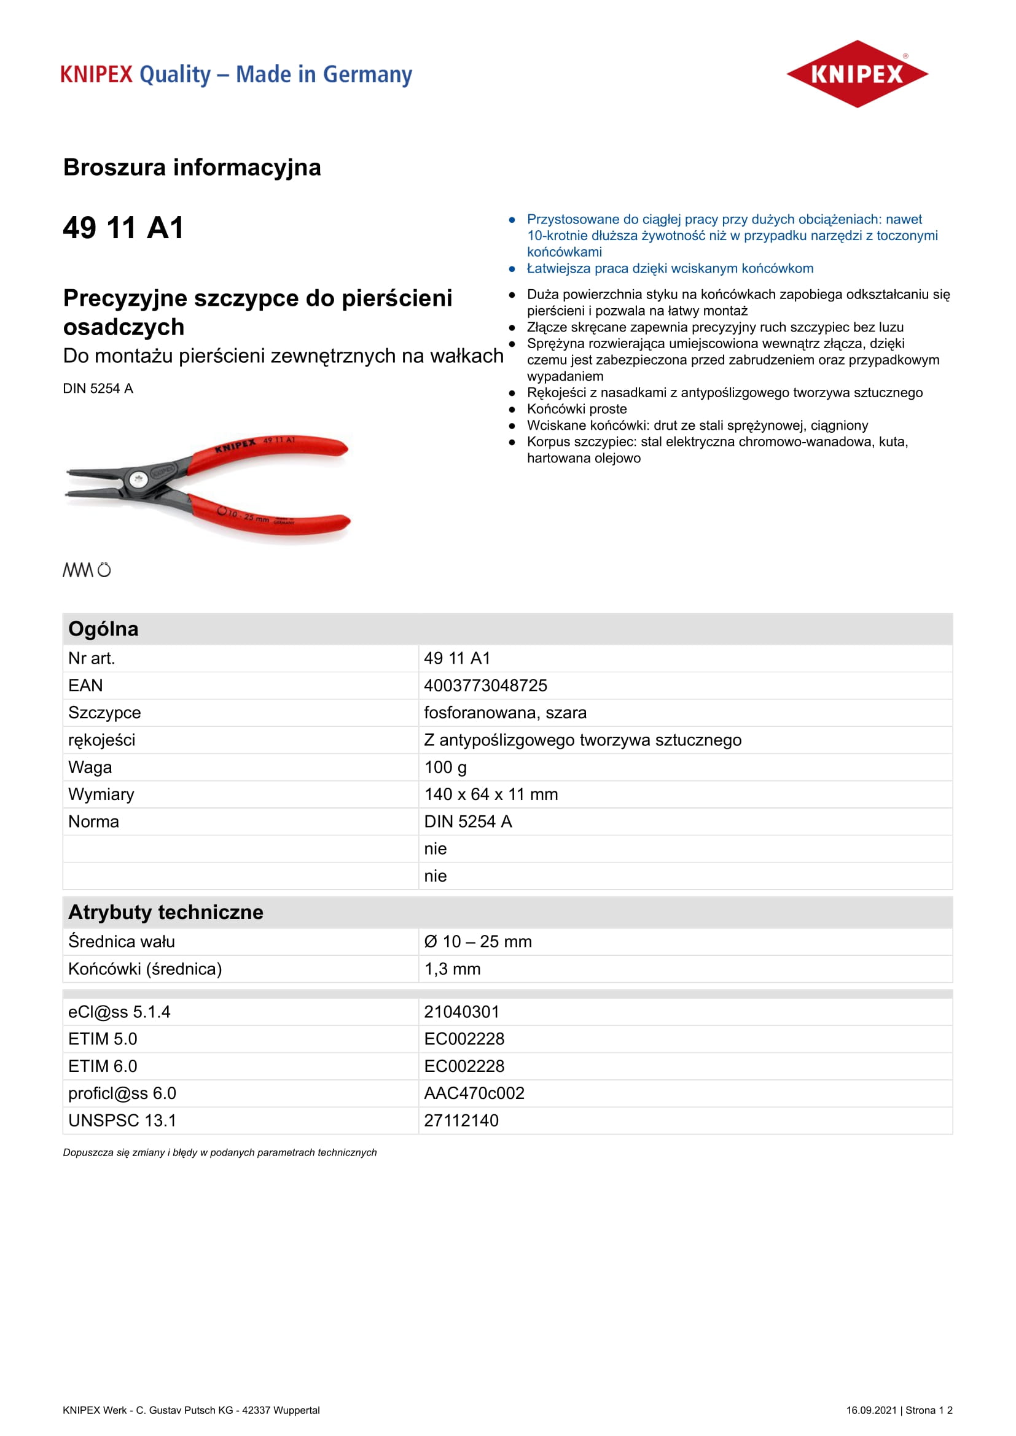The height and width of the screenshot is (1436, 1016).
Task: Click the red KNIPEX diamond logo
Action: click(x=856, y=74)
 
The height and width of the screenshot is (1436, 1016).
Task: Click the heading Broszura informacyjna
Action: click(x=192, y=168)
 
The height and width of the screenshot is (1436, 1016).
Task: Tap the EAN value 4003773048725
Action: click(x=485, y=686)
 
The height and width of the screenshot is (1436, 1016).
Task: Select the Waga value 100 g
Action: click(x=445, y=767)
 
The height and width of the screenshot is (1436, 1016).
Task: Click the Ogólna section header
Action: click(x=103, y=629)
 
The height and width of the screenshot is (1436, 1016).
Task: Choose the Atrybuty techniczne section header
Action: click(x=165, y=912)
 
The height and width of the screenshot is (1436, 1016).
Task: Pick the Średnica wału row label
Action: click(x=122, y=941)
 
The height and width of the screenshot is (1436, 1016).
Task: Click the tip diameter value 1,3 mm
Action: click(x=451, y=969)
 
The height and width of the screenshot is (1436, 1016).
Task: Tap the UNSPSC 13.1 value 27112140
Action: click(x=461, y=1120)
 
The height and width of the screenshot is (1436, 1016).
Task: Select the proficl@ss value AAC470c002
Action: click(x=474, y=1093)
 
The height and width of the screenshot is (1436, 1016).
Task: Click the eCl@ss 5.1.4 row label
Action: click(x=119, y=1012)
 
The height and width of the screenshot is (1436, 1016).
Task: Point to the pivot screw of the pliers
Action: click(x=138, y=479)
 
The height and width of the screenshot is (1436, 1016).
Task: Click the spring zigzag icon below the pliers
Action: click(x=77, y=570)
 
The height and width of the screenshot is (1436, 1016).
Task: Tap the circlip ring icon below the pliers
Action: click(x=104, y=570)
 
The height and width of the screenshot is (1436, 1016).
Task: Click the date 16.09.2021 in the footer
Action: click(x=871, y=1410)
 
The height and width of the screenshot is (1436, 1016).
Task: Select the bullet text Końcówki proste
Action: click(x=576, y=409)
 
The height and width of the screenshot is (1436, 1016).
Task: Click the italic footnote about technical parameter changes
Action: click(x=219, y=1152)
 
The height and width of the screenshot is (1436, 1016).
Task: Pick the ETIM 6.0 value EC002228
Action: click(x=464, y=1066)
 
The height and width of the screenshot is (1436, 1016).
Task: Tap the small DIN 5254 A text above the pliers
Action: click(x=98, y=389)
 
